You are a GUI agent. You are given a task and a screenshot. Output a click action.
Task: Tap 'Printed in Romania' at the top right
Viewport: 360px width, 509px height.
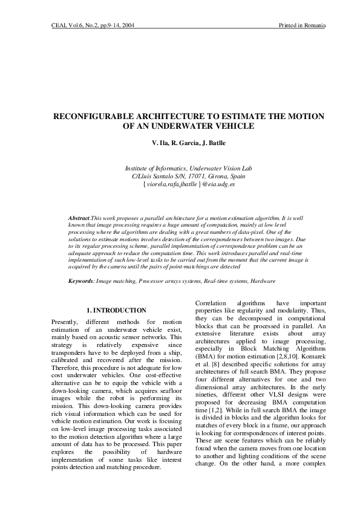coord(303,25)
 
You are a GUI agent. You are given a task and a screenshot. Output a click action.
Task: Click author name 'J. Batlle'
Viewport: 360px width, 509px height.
coord(213,144)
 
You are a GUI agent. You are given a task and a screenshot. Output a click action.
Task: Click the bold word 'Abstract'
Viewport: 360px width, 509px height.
coord(79,216)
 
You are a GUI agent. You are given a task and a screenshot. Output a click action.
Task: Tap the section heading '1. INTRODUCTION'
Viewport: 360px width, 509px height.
coord(116,310)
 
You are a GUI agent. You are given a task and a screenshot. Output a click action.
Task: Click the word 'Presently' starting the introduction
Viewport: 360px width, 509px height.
coord(65,322)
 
